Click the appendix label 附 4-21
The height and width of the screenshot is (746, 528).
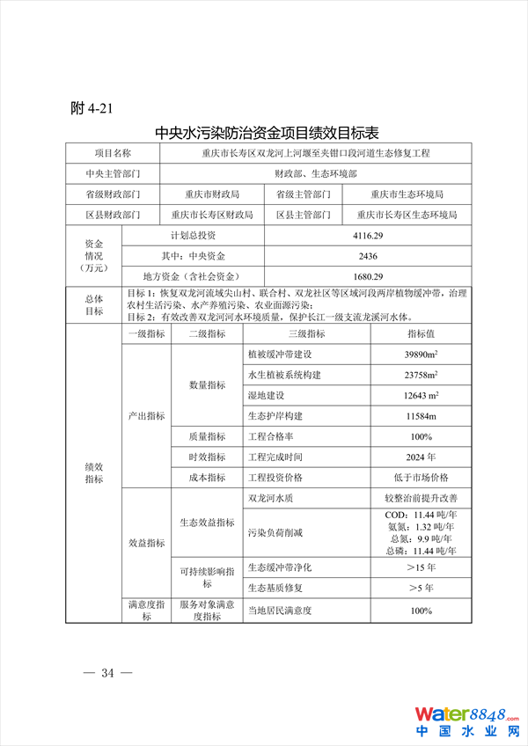pos(92,108)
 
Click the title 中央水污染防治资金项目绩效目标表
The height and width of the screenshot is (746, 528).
pos(267,134)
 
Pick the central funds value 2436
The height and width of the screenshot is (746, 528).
pos(363,256)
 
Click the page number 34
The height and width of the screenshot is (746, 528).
pos(108,674)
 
